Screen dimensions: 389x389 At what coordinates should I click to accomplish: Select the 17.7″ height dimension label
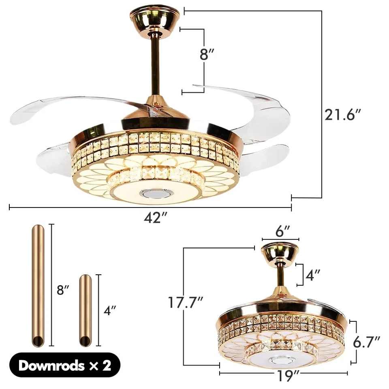point(186,303)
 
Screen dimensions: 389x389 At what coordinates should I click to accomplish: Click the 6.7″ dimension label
point(366,342)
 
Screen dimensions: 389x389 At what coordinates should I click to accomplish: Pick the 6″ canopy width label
point(283,232)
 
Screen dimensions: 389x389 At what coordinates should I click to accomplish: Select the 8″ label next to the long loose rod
point(63,290)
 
